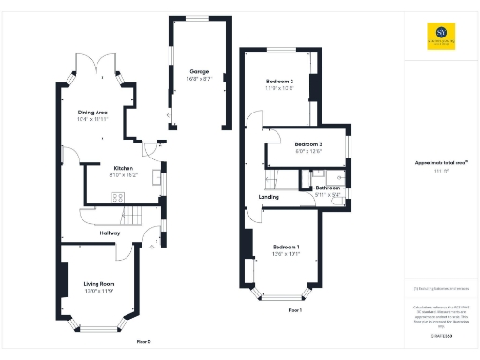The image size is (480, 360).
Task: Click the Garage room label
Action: pos(199,71)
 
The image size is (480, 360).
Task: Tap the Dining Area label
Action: pos(94,112)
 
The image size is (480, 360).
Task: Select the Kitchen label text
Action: pos(125,168)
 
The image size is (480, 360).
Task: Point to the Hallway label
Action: pos(111,233)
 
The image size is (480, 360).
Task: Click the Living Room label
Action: pos(98,283)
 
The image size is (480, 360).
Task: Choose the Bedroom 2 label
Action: pos(278,82)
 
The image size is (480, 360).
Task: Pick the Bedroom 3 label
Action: pos(308,143)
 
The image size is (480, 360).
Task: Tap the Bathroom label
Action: pos(328,187)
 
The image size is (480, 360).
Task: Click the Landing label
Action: pos(268,197)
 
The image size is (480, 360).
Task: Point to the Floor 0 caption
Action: pos(142,341)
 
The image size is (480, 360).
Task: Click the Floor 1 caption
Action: pos(293,309)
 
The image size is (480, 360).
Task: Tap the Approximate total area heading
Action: pos(440,162)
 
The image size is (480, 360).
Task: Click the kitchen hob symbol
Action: pos(119,197)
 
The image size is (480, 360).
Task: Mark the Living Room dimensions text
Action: pos(98,291)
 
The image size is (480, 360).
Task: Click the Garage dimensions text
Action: pos(199,79)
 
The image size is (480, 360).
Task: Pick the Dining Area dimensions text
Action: pos(94,120)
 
